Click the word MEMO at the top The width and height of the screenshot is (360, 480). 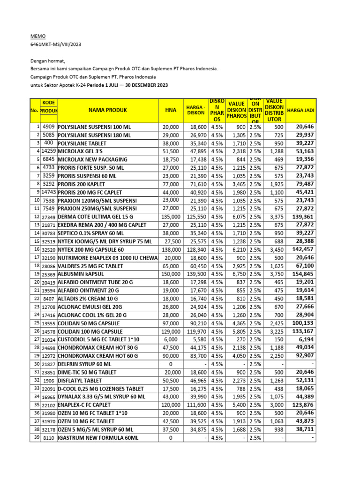point(38,36)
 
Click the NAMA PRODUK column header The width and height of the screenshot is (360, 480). point(108,110)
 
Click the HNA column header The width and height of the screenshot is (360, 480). point(171,110)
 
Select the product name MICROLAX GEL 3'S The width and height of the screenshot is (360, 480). point(83,151)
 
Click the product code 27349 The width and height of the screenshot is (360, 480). point(49,217)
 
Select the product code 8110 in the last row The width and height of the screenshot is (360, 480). point(49,438)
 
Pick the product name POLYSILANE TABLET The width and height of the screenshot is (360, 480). point(82,142)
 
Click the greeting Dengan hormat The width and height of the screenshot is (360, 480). point(48,60)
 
